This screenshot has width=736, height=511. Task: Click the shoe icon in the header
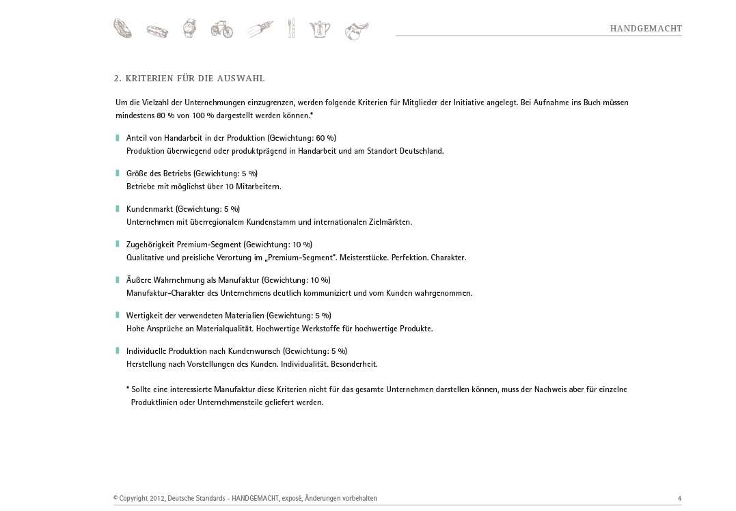click(x=122, y=29)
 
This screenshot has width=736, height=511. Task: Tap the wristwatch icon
click(x=189, y=29)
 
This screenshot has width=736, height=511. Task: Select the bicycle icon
click(x=221, y=29)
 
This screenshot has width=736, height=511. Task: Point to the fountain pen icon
click(x=260, y=29)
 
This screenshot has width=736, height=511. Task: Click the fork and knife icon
click(x=291, y=29)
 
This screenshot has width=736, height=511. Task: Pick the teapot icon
click(x=320, y=29)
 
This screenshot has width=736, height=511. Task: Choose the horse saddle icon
click(x=357, y=31)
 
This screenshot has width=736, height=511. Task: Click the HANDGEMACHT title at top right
click(x=646, y=29)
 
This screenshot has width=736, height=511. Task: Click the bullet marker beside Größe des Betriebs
click(x=118, y=174)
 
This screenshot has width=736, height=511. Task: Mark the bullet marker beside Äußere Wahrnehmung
click(x=118, y=280)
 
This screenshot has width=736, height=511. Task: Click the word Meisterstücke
click(x=364, y=258)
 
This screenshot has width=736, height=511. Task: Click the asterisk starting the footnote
click(x=128, y=389)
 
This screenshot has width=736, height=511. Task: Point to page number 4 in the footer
click(x=679, y=499)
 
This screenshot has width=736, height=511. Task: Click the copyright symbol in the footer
click(x=115, y=499)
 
